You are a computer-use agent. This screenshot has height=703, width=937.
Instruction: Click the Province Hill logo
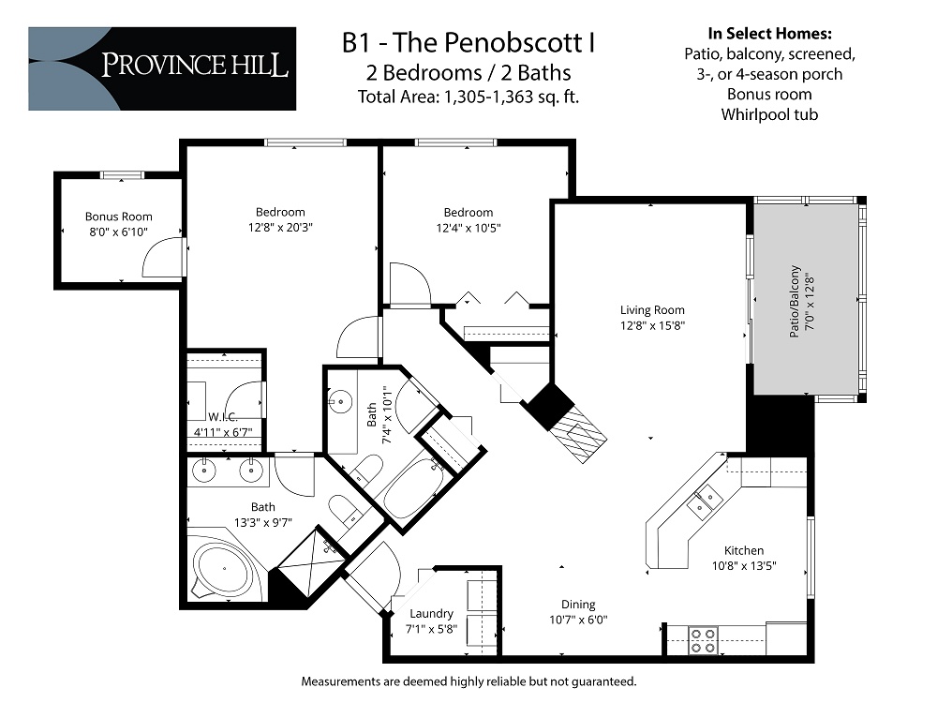(162, 68)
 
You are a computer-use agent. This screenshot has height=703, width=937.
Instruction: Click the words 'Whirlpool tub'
(769, 114)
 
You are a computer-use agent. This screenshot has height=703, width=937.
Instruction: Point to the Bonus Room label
(119, 217)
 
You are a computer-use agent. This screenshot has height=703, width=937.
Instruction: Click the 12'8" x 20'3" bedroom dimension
(280, 227)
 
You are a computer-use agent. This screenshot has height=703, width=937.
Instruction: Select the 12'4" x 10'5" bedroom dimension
(468, 227)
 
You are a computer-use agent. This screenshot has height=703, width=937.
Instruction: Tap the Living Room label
(652, 310)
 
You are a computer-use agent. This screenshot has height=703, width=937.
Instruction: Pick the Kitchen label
(744, 550)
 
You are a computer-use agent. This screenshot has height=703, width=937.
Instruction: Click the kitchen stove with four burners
(703, 640)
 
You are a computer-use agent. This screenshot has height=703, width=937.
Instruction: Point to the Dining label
(578, 605)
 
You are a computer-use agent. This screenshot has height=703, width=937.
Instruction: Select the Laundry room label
(431, 614)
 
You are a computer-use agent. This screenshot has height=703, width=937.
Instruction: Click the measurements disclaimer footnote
(468, 681)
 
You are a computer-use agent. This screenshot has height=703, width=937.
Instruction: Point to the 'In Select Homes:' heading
(769, 33)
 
